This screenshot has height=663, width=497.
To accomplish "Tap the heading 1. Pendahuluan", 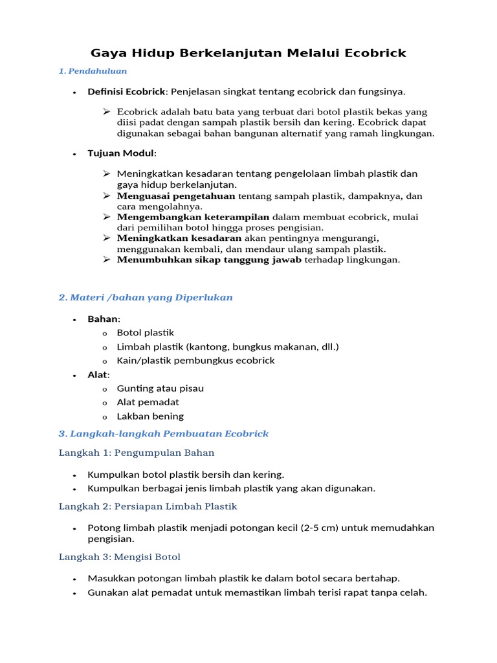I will click(x=93, y=71).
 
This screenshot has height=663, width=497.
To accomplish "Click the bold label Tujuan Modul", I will click(x=121, y=153).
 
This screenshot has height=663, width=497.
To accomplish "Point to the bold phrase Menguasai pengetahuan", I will click(x=177, y=196).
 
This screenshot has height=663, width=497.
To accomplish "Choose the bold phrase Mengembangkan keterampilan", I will click(x=193, y=217).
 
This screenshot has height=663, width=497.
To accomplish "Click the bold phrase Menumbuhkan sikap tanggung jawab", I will click(x=209, y=260).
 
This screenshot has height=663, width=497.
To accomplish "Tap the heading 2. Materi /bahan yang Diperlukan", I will click(x=146, y=297).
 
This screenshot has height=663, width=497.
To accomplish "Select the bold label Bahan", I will click(x=103, y=319).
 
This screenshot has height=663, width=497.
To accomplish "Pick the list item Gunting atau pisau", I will click(x=160, y=388).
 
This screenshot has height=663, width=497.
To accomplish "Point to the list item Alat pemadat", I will click(x=148, y=402).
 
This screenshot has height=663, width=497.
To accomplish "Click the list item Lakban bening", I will click(x=150, y=416).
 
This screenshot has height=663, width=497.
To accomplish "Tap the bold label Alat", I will click(x=98, y=375).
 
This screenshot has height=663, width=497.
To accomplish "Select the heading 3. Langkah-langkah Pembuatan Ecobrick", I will click(x=164, y=433).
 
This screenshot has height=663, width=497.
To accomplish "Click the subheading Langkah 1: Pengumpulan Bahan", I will click(x=137, y=452).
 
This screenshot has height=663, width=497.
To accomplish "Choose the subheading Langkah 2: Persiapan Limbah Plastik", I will click(x=148, y=506).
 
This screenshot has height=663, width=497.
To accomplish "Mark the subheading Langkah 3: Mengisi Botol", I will click(x=120, y=556).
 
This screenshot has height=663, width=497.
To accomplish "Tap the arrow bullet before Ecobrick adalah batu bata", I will click(x=107, y=111).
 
